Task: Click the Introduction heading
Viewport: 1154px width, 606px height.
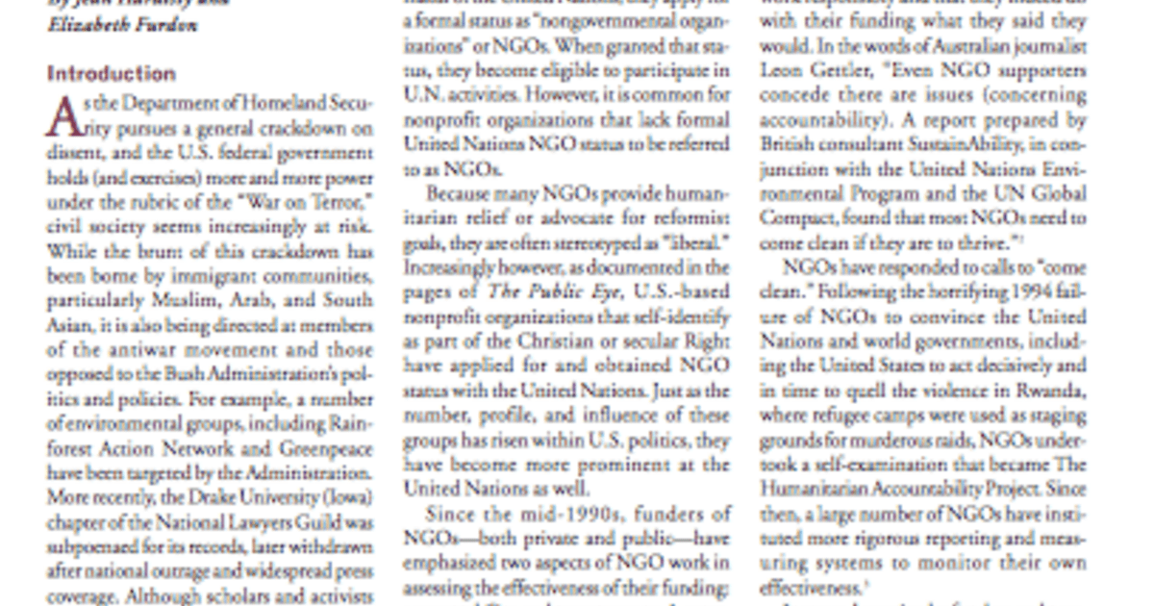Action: pyautogui.click(x=112, y=74)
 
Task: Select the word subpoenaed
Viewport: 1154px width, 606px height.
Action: pyautogui.click(x=94, y=547)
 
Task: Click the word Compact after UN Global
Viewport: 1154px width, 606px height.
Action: pyautogui.click(x=796, y=218)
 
